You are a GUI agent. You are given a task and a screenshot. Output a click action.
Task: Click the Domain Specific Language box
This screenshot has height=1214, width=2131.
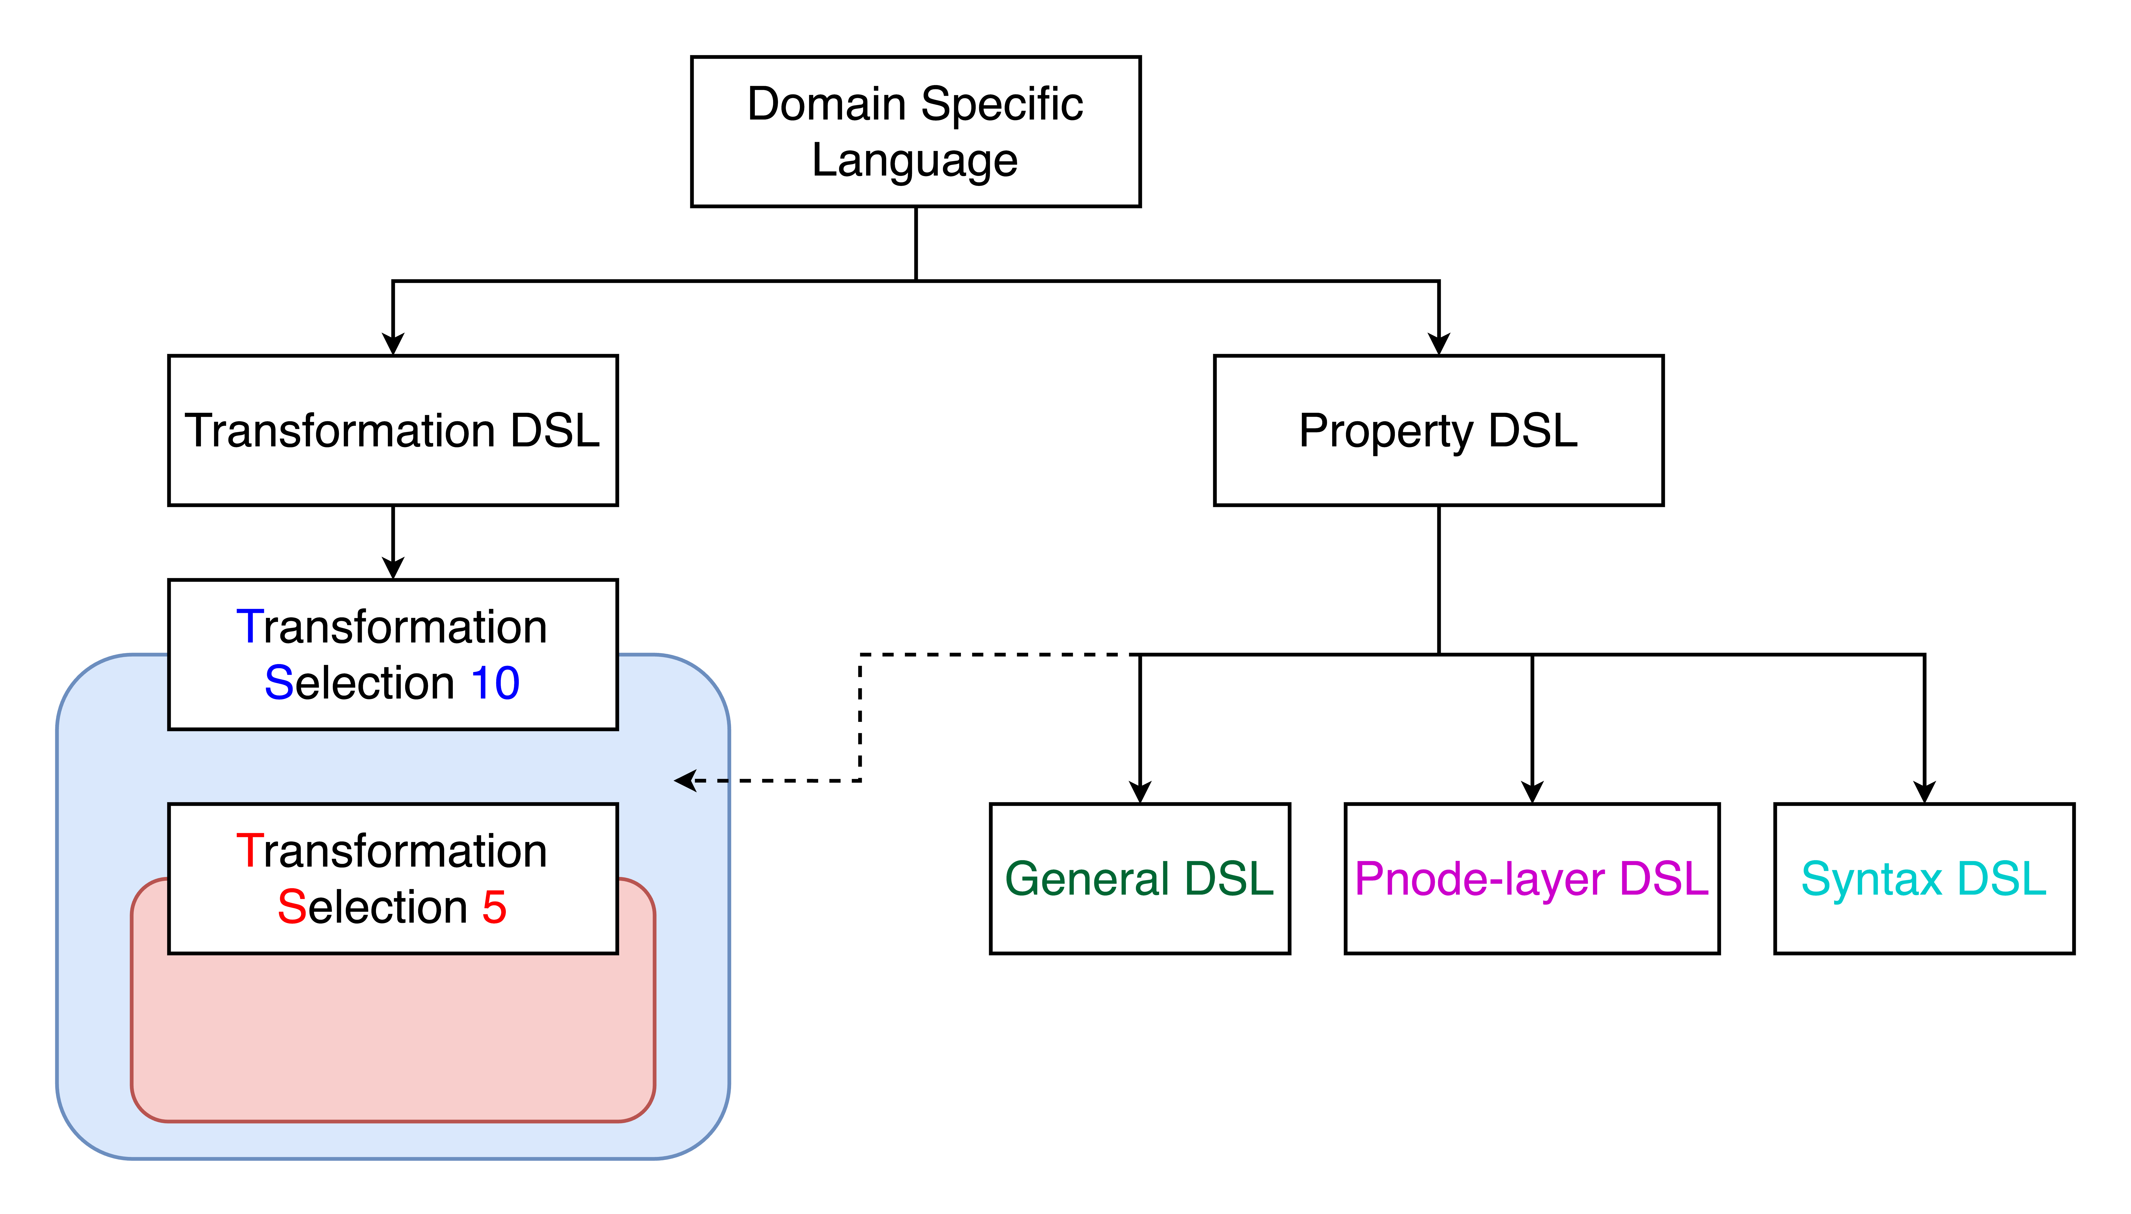coord(915,132)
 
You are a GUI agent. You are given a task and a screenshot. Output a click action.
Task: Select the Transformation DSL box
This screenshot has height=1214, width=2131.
coord(393,430)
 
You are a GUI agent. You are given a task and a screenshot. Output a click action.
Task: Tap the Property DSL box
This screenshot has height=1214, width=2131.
coord(1438,430)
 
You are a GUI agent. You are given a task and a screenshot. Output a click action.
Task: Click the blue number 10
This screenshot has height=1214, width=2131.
coord(495,683)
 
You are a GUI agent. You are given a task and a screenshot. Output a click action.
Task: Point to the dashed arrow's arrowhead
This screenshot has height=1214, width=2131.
coord(685,780)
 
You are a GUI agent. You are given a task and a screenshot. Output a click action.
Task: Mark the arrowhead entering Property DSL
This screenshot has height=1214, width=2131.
coord(1438,344)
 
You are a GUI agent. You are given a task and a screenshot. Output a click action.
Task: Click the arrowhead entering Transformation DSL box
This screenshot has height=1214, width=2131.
coord(393,344)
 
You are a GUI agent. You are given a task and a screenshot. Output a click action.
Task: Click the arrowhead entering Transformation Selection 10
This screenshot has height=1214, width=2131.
coord(393,568)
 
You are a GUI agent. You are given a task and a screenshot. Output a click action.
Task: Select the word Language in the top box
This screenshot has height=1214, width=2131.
coord(915,160)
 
